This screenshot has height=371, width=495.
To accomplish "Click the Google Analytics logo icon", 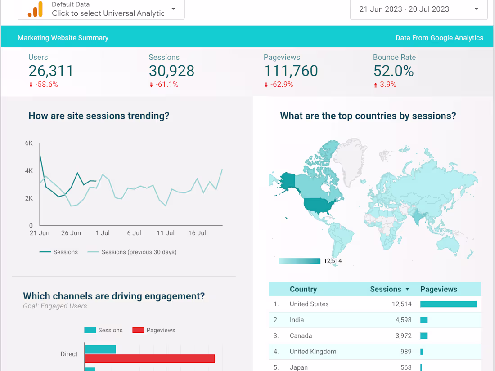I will coord(35,9).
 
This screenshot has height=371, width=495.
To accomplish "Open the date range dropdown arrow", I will coord(476,9).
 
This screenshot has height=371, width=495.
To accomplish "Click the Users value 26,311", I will coord(51,71).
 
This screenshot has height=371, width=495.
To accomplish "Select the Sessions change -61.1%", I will coord(166,85).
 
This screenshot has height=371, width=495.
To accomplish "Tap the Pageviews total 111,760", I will coord(291,71).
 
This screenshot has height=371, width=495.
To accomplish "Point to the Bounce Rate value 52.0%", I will coord(393,71).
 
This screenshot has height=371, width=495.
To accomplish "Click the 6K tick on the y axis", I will coord(29,143).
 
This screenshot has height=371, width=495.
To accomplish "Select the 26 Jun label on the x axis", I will coord(71,233).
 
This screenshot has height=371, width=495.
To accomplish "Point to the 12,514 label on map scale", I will coord(333,261).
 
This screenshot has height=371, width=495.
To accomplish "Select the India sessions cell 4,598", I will coord(402,320).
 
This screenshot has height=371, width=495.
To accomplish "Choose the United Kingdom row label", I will coord(313,352).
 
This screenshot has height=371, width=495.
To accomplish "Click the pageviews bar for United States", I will coord(448,304).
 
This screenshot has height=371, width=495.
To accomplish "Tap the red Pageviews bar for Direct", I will coord(149,358).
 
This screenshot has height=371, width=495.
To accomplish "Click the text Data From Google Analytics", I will coord(439,38).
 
